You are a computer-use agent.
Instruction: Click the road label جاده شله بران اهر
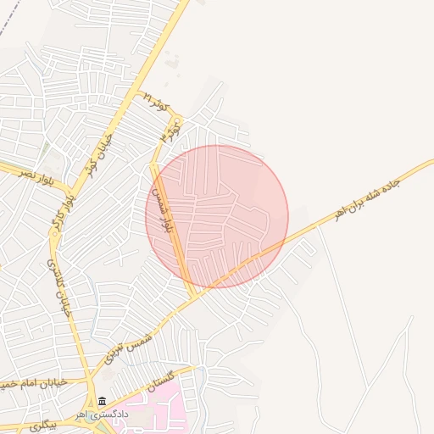pyautogui.click(x=366, y=197)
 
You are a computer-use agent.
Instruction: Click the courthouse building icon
pyautogui.click(x=102, y=401)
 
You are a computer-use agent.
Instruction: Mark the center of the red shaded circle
pyautogui.click(x=217, y=217)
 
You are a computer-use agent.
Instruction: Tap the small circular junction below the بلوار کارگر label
pyautogui.click(x=53, y=236)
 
